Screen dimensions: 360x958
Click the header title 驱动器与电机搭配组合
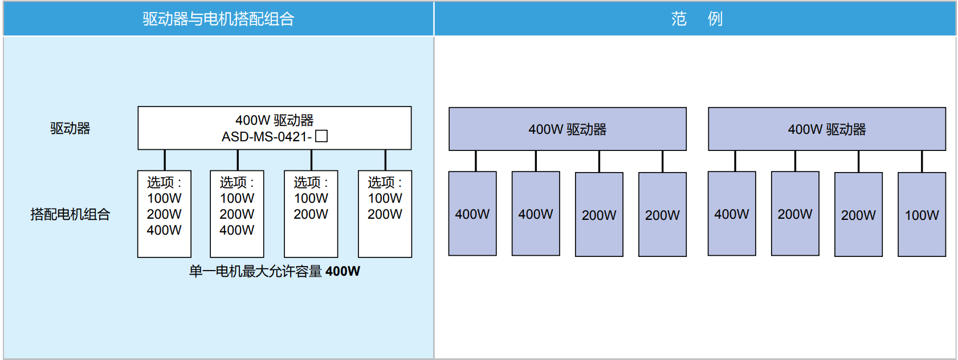point(218,19)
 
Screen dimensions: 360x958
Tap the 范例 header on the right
point(696,19)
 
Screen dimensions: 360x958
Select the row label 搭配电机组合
point(70,214)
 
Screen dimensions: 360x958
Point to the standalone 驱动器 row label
point(70,128)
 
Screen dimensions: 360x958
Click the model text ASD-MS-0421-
point(266,137)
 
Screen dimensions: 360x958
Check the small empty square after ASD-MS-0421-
point(321,136)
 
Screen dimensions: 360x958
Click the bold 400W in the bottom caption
point(343,271)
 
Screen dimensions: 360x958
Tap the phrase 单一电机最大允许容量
point(256,271)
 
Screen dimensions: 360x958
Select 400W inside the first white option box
point(164,230)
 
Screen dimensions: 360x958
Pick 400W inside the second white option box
point(237,230)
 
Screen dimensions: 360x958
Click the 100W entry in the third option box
point(311,198)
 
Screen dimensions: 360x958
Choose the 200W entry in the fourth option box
point(385,214)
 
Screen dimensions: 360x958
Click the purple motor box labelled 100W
point(922,215)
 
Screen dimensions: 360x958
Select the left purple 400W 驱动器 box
point(567,129)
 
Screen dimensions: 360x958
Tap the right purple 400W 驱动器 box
point(826,129)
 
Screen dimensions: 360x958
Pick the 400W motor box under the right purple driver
point(732,214)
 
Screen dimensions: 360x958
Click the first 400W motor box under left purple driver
point(472,214)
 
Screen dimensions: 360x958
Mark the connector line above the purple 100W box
point(922,161)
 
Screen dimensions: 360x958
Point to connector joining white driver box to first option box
point(165,160)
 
